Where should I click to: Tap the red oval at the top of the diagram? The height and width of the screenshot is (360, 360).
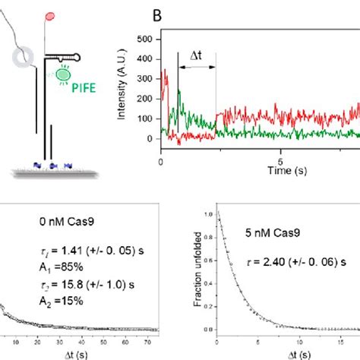51,15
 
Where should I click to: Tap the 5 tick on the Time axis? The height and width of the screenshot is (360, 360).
280,162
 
